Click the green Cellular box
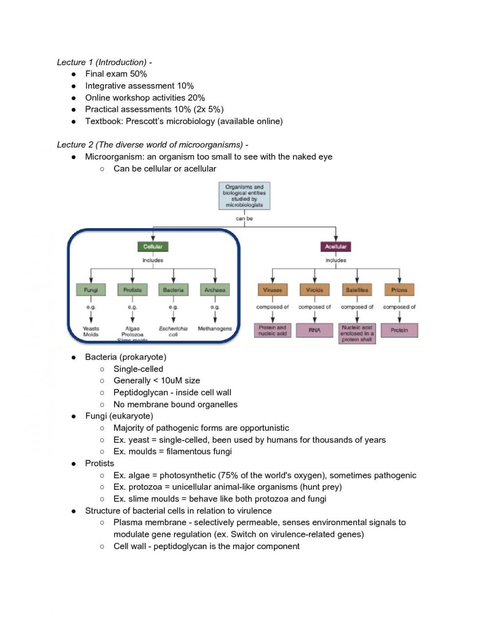pyautogui.click(x=153, y=247)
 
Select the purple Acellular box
pyautogui.click(x=336, y=247)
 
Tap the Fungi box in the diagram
pyautogui.click(x=91, y=290)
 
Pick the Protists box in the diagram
pyautogui.click(x=132, y=290)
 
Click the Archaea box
pyautogui.click(x=215, y=290)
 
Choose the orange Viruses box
pyautogui.click(x=272, y=290)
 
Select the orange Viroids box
pyautogui.click(x=314, y=290)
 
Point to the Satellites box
pyautogui.click(x=357, y=290)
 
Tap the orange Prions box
pyautogui.click(x=399, y=290)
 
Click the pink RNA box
pyautogui.click(x=314, y=330)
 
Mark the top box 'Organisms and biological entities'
pyautogui.click(x=244, y=196)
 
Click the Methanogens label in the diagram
pyautogui.click(x=215, y=329)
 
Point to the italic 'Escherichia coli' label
pyautogui.click(x=173, y=331)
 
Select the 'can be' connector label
pyautogui.click(x=244, y=219)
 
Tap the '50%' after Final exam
pyautogui.click(x=138, y=74)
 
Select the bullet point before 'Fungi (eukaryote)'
pyautogui.click(x=74, y=416)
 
